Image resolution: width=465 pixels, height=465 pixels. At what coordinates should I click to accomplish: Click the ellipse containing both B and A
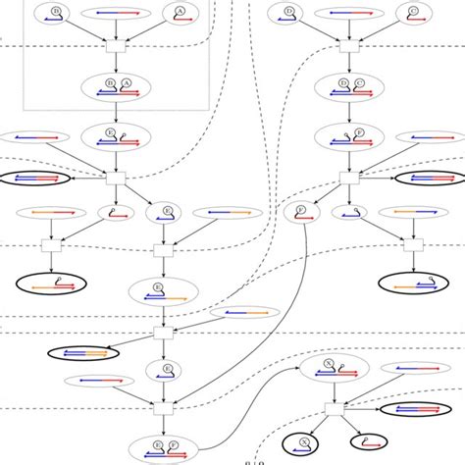pyautogui.click(x=117, y=86)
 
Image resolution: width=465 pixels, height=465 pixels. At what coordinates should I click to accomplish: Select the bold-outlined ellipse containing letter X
pyautogui.click(x=306, y=443)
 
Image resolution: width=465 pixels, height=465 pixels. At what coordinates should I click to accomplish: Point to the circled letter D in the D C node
pyautogui.click(x=332, y=80)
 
